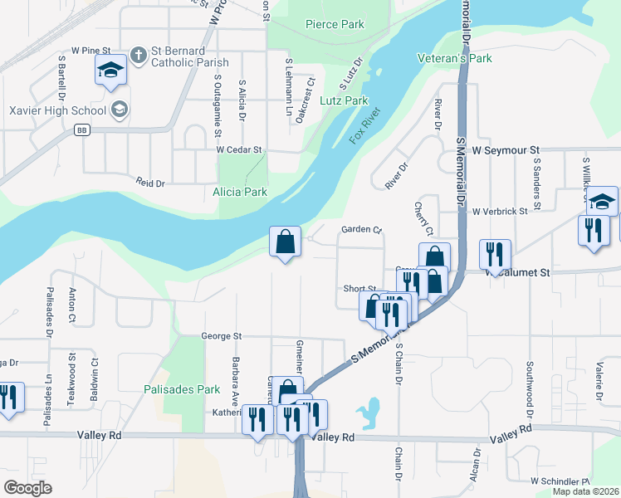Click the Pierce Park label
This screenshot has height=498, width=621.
(335, 24)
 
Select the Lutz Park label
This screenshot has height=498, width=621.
(344, 100)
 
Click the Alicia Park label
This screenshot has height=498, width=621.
(240, 192)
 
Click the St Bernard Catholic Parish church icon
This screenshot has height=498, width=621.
(139, 56)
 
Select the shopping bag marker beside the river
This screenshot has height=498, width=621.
(285, 243)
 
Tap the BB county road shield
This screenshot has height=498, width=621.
(81, 130)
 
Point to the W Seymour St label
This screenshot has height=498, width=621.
(506, 151)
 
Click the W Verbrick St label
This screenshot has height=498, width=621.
(500, 212)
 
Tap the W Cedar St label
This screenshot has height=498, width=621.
(239, 150)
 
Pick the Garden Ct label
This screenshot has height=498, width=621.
(360, 230)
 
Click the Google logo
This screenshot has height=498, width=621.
(27, 487)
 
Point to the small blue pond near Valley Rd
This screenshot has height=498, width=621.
(368, 413)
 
